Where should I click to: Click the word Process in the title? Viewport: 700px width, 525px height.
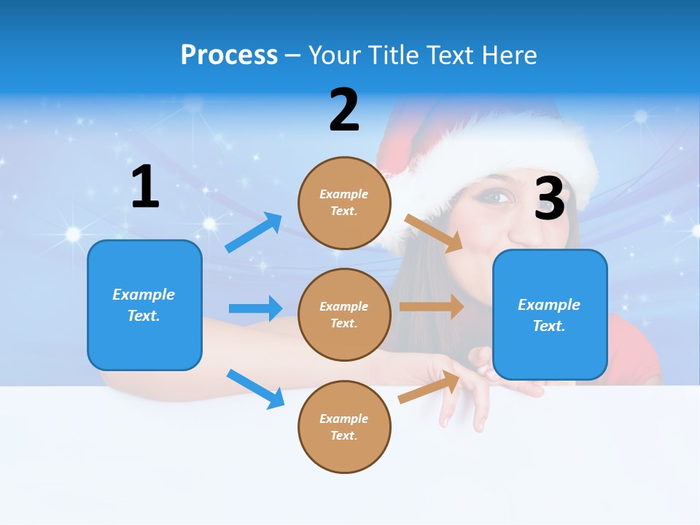pos(229,55)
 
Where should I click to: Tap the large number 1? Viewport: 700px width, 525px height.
pos(145,187)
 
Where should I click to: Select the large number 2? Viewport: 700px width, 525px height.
pos(344,110)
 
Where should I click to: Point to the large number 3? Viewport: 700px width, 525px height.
pos(550,198)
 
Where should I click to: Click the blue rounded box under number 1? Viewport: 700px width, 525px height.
pos(144,305)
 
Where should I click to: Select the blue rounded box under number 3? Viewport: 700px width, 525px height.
pos(550,315)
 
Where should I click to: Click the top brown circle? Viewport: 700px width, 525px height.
pos(344,203)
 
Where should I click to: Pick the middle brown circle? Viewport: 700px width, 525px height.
pos(344,314)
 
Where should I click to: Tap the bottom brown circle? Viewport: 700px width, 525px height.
pos(344,427)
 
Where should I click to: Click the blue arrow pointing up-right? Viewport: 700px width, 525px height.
pos(254,232)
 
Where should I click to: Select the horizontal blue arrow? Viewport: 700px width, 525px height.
pos(255,308)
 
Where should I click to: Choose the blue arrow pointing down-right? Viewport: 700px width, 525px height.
pos(255,389)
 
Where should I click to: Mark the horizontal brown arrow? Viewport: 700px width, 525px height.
pos(432,306)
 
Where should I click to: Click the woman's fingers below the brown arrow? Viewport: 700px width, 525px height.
pos(467,408)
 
